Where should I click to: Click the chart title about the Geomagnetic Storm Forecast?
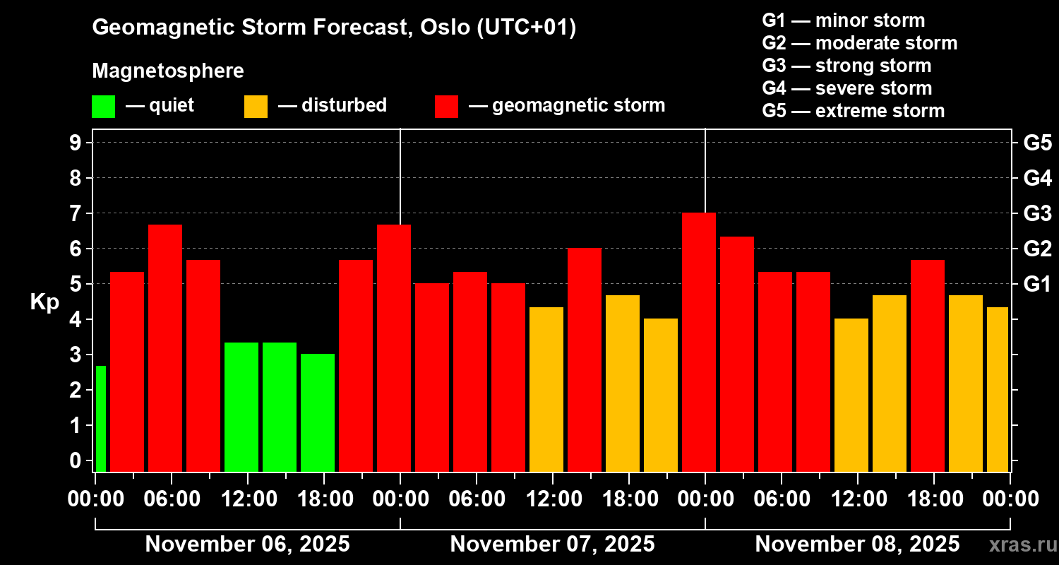[334, 28]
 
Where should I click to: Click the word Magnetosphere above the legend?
[168, 71]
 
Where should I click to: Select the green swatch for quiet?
[103, 106]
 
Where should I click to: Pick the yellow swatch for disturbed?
[256, 106]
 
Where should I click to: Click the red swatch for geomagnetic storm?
[446, 106]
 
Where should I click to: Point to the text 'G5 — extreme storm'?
[853, 111]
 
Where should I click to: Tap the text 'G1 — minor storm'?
[843, 20]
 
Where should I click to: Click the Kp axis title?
[44, 302]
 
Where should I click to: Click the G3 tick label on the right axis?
[1037, 213]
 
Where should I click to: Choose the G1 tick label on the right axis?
[1037, 284]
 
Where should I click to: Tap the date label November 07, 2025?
[552, 545]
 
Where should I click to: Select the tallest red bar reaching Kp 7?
[699, 342]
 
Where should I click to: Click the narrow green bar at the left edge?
[100, 418]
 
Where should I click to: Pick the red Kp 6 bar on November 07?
[585, 359]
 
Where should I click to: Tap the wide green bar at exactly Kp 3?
[318, 412]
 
